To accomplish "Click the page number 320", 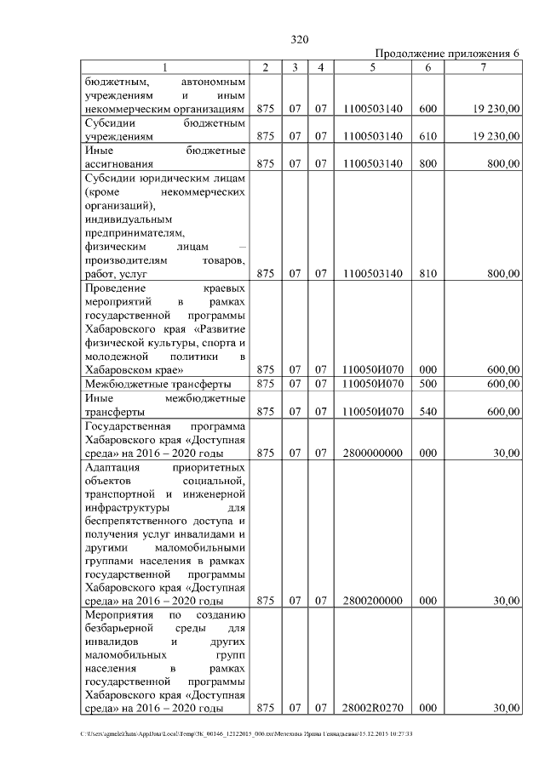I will click(x=299, y=40).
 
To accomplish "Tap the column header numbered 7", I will click(x=483, y=67).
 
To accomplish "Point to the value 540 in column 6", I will click(x=428, y=412).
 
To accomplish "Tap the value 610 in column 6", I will click(x=428, y=136).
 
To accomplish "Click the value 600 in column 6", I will click(x=428, y=109).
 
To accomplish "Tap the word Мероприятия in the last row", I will click(x=122, y=614).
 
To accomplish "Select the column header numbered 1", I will click(x=165, y=67).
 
